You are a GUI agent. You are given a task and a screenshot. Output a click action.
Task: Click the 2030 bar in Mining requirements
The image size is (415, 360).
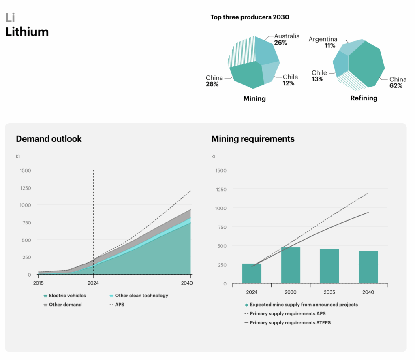click(291, 265)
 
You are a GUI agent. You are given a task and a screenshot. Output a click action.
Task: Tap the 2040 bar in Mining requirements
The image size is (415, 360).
click(368, 267)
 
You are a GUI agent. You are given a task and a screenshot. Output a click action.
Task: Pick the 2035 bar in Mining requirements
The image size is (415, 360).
click(329, 266)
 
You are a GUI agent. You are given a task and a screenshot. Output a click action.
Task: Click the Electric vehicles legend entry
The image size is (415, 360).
click(65, 296)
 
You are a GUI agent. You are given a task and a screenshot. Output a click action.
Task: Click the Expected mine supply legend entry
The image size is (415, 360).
click(301, 305)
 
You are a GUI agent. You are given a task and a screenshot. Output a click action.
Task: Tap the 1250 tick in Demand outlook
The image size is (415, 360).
click(25, 188)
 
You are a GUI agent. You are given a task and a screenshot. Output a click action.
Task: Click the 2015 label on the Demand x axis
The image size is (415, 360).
click(39, 283)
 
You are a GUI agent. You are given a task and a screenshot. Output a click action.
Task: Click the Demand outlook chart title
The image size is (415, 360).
click(49, 139)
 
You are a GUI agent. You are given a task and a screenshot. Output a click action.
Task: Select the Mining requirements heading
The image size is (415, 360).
click(253, 139)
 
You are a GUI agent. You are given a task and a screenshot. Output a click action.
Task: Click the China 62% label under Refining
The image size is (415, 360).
click(396, 83)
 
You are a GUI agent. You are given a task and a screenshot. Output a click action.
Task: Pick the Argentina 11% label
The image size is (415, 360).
click(323, 43)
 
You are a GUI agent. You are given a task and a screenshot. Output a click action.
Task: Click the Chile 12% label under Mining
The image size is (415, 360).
click(290, 80)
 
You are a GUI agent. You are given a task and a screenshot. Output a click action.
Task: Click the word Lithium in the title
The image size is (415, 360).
click(27, 32)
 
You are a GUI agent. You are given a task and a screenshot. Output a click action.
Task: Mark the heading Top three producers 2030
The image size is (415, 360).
click(250, 17)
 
